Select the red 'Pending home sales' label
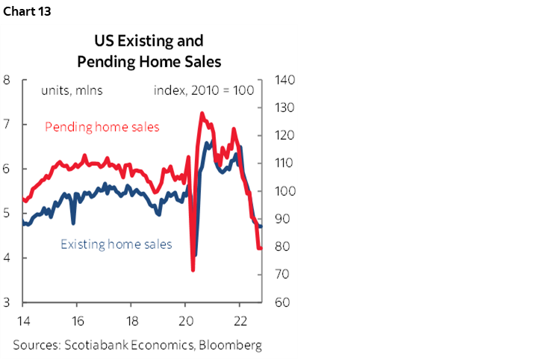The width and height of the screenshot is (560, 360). click(x=102, y=127)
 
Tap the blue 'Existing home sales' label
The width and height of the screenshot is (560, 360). click(x=116, y=244)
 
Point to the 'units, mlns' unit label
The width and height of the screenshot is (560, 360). click(x=72, y=91)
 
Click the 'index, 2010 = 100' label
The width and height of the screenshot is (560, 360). click(x=204, y=91)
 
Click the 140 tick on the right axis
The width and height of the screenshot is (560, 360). click(x=286, y=80)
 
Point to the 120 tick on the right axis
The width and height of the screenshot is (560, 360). click(x=286, y=135)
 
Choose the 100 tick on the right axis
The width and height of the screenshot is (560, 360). click(x=286, y=191)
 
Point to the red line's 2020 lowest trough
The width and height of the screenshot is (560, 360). click(x=193, y=270)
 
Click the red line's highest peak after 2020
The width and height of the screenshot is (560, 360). click(x=202, y=113)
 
